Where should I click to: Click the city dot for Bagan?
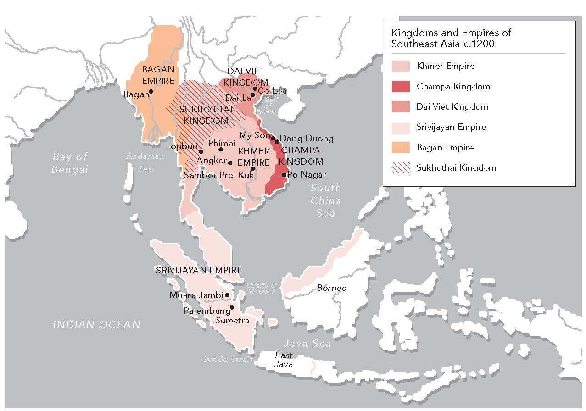pyautogui.click(x=151, y=91)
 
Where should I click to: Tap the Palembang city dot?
pyautogui.click(x=232, y=308)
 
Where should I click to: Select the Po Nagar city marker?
pyautogui.click(x=284, y=175)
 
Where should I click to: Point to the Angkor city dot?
pyautogui.click(x=230, y=163)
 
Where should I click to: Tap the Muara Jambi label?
pyautogui.click(x=196, y=295)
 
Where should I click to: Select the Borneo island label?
pyautogui.click(x=332, y=288)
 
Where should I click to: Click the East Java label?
pyautogui.click(x=283, y=360)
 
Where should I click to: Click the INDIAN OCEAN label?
pyautogui.click(x=96, y=325)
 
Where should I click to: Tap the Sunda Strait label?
pyautogui.click(x=228, y=360)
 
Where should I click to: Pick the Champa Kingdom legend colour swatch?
pyautogui.click(x=400, y=86)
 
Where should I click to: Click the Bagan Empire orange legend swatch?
pyautogui.click(x=400, y=147)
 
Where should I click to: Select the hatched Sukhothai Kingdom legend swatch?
pyautogui.click(x=400, y=167)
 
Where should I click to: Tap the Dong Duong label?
pyautogui.click(x=307, y=138)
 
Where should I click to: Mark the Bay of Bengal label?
pyautogui.click(x=70, y=163)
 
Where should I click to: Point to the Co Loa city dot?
pyautogui.click(x=255, y=89)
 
